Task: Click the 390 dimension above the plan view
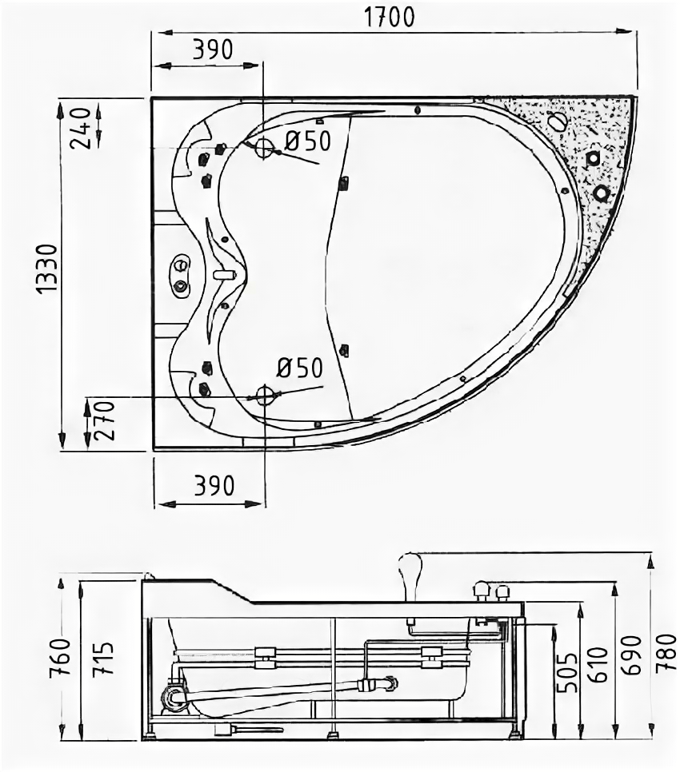pyautogui.click(x=212, y=50)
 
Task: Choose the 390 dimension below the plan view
pyautogui.click(x=212, y=485)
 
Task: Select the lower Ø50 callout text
pyautogui.click(x=299, y=369)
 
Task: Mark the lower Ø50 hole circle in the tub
pyautogui.click(x=264, y=394)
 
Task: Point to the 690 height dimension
pyautogui.click(x=632, y=655)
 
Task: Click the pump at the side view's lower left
pyautogui.click(x=174, y=696)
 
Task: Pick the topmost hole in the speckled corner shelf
pyautogui.click(x=557, y=121)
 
